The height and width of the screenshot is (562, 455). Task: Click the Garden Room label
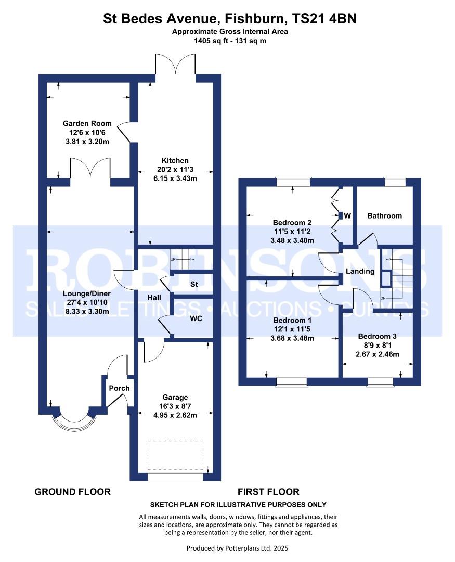pyautogui.click(x=87, y=124)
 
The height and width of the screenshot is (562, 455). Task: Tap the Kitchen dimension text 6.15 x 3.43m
pyautogui.click(x=175, y=178)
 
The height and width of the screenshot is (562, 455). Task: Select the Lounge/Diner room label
pyautogui.click(x=87, y=293)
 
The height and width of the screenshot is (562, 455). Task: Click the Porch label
pyautogui.click(x=119, y=388)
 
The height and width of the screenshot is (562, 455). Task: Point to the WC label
pyautogui.click(x=196, y=318)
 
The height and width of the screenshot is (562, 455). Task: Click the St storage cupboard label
pyautogui.click(x=194, y=284)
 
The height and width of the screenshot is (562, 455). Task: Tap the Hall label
pyautogui.click(x=154, y=298)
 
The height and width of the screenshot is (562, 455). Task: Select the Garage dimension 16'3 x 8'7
pyautogui.click(x=175, y=406)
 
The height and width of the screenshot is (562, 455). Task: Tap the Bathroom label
pyautogui.click(x=384, y=216)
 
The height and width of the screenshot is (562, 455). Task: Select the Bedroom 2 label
pyautogui.click(x=292, y=223)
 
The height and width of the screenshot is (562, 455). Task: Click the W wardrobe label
pyautogui.click(x=347, y=216)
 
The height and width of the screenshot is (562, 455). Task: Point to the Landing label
pyautogui.click(x=360, y=271)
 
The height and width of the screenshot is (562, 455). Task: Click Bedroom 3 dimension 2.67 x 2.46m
pyautogui.click(x=377, y=354)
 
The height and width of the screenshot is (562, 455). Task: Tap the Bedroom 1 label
pyautogui.click(x=292, y=321)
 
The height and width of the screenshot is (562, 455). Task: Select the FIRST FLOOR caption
pyautogui.click(x=268, y=492)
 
